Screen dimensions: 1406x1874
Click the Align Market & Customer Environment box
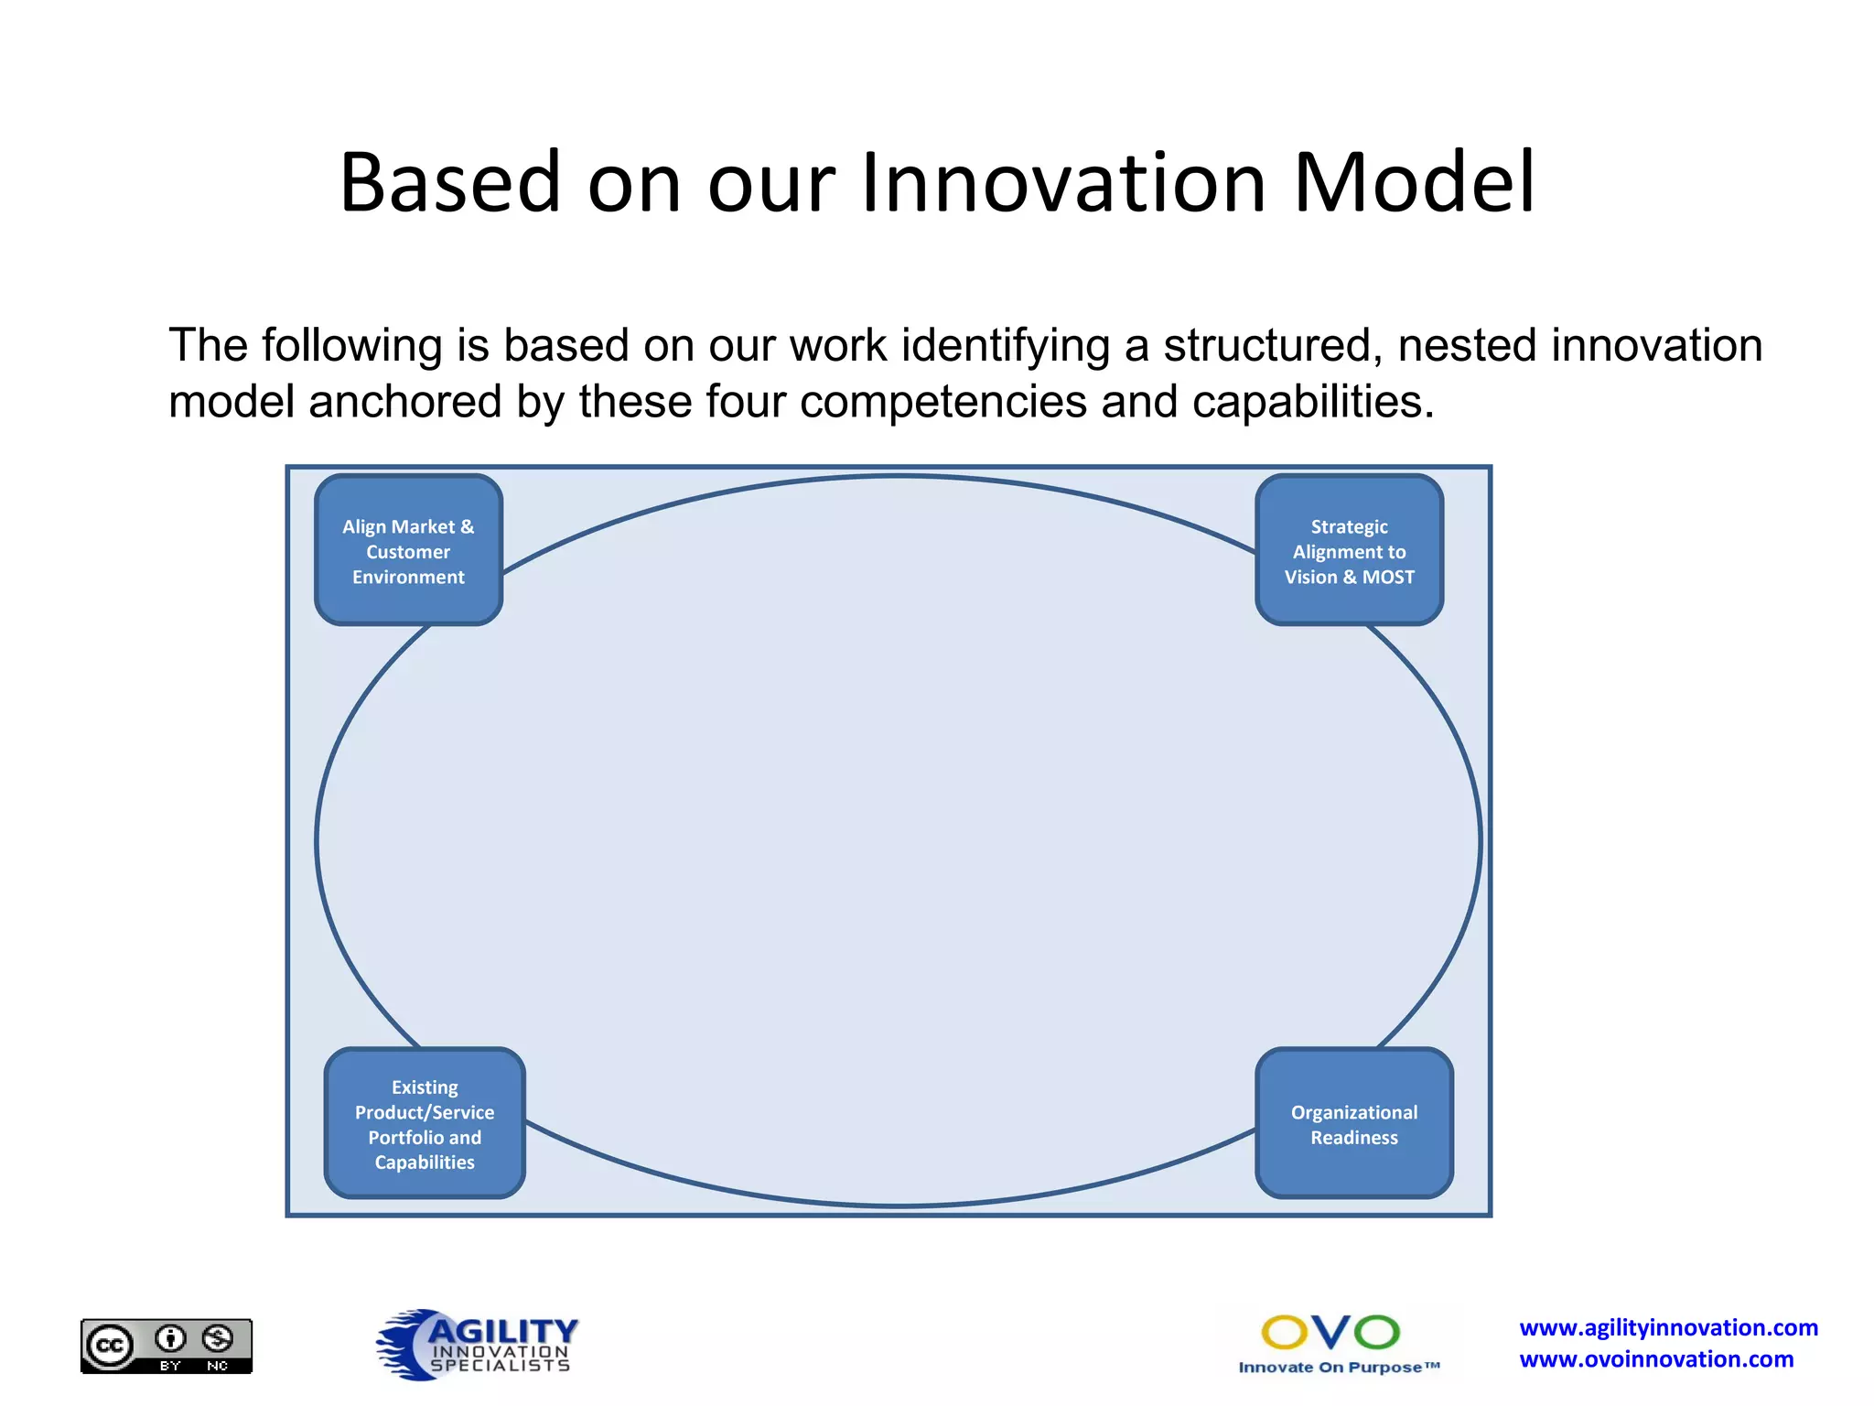point(408,550)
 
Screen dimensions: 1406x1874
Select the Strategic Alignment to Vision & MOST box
point(1349,550)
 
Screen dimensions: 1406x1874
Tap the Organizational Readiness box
point(1354,1124)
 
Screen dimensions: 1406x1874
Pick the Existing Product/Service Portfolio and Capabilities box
point(425,1124)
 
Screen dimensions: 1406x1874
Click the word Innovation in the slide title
point(1062,182)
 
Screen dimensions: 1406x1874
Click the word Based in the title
point(449,182)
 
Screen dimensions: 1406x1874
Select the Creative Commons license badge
point(167,1346)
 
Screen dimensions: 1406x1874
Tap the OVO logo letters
point(1330,1333)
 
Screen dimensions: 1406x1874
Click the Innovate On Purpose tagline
point(1338,1368)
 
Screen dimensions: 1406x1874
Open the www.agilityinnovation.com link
point(1668,1327)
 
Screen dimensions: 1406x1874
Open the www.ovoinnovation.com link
point(1656,1359)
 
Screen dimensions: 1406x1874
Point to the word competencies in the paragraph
point(942,402)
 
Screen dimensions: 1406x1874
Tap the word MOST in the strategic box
point(1388,577)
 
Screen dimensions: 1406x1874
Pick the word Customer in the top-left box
point(408,552)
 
